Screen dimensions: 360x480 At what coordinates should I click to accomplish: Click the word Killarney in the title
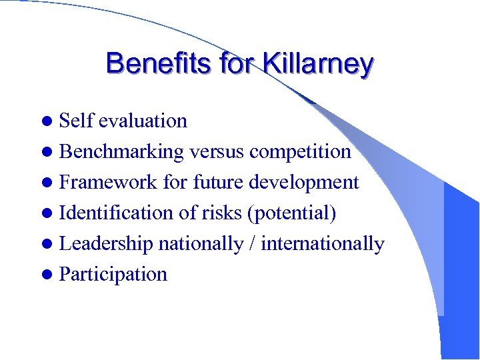click(x=318, y=64)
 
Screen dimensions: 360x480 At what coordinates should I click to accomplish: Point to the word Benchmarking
click(x=121, y=151)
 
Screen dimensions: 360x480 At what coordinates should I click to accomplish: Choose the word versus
click(x=217, y=151)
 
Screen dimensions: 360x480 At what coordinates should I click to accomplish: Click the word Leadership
click(x=106, y=243)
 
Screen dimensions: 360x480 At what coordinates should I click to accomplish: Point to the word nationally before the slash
click(x=201, y=243)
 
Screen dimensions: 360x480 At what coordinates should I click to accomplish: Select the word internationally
click(x=323, y=243)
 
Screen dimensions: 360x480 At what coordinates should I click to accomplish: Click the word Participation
click(x=113, y=274)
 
